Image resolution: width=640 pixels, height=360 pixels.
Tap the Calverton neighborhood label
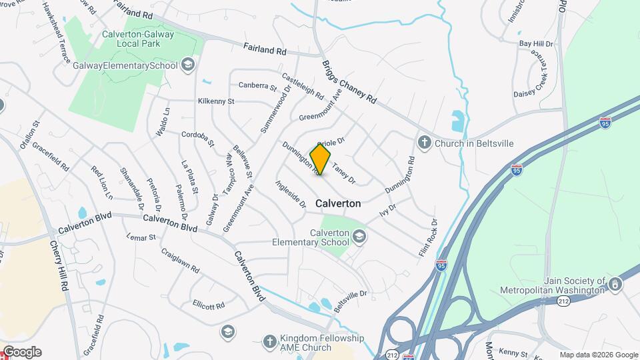[338, 203]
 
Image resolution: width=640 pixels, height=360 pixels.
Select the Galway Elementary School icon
[188, 65]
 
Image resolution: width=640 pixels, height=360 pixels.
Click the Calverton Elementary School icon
[359, 237]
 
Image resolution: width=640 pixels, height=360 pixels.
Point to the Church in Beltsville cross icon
[423, 142]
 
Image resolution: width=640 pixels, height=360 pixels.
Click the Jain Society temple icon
[616, 285]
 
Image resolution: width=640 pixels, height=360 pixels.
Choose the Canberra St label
[257, 86]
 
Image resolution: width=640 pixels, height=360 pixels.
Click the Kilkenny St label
[216, 101]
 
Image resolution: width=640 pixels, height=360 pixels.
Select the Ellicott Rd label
[209, 305]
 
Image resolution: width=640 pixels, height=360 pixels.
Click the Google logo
[21, 352]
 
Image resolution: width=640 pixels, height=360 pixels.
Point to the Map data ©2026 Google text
[598, 355]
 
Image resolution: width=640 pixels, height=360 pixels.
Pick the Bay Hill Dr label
[536, 44]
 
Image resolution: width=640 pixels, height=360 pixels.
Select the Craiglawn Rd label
[180, 261]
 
